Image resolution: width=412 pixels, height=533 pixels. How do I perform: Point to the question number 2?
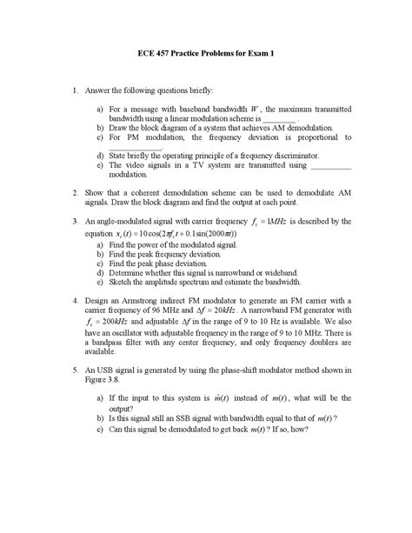[76, 193]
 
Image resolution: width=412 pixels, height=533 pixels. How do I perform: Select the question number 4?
[76, 299]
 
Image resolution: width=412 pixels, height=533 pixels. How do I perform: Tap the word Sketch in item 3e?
[121, 282]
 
